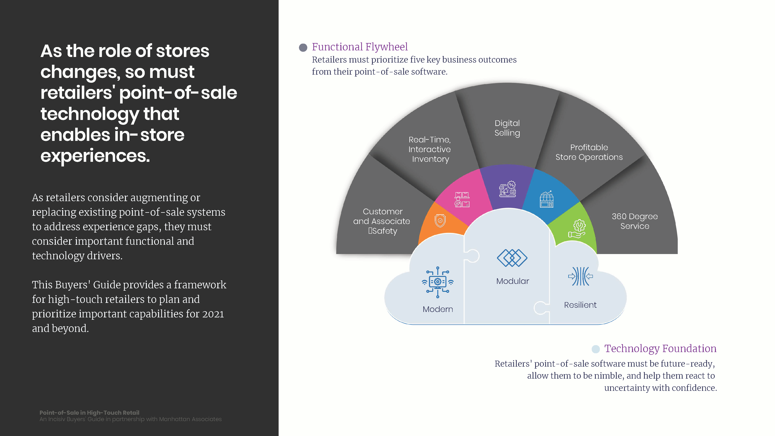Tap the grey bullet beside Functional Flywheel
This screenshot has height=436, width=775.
(x=303, y=47)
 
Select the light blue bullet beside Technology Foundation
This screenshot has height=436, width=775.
(x=596, y=349)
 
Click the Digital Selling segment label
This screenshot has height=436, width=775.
(x=507, y=128)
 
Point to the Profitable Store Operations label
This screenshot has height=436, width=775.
(x=589, y=152)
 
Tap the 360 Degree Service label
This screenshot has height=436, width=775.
(x=635, y=221)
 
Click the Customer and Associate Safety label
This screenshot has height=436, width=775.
(x=382, y=221)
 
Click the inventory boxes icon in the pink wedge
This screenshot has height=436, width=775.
(x=462, y=200)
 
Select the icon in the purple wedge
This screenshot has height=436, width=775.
(x=508, y=189)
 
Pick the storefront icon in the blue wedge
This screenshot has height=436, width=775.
(x=547, y=199)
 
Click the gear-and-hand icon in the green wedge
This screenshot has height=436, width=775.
(x=577, y=229)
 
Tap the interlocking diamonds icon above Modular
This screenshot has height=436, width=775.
(x=512, y=258)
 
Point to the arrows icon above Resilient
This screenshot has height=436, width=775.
(x=580, y=276)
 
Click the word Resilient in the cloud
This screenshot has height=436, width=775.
(x=580, y=305)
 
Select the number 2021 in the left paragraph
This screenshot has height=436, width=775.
(x=213, y=314)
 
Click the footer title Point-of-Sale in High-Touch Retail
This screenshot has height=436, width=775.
(x=89, y=413)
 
